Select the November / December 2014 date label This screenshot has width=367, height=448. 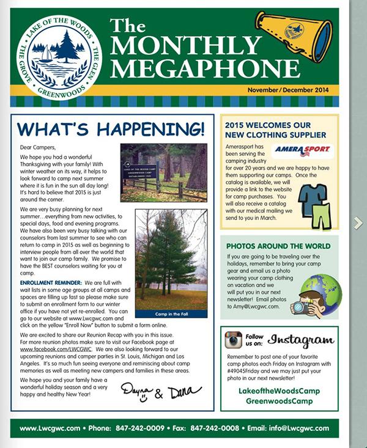click(287, 90)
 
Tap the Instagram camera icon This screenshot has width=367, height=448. click(233, 339)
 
